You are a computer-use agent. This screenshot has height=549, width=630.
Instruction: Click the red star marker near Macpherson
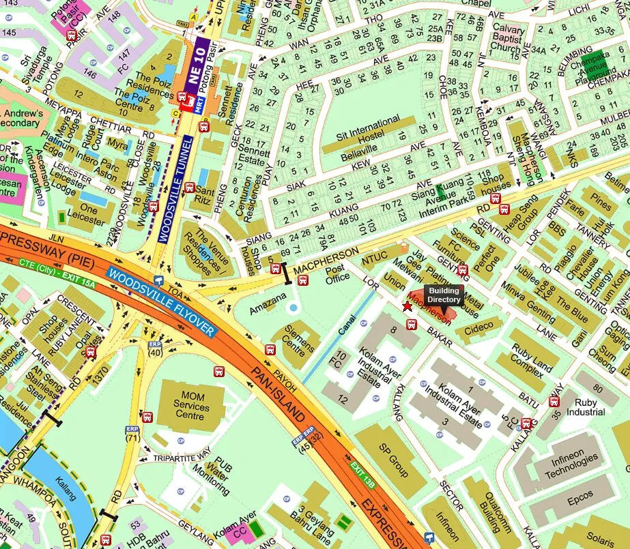click(x=407, y=306)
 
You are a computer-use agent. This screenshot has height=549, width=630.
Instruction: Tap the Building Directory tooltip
click(x=444, y=295)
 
